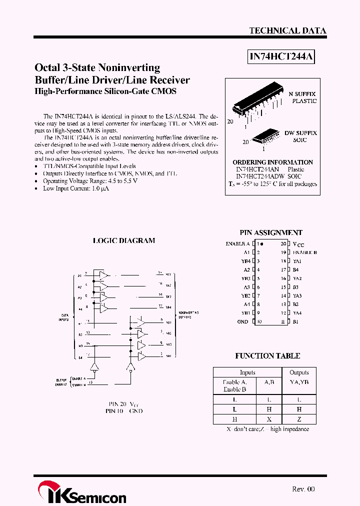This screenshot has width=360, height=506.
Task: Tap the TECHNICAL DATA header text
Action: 287,31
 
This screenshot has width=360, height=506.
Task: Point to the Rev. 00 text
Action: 303,489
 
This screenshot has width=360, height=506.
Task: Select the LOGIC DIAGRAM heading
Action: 124,240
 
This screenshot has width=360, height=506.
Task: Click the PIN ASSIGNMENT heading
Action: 271,232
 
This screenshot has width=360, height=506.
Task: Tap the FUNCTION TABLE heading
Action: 267,356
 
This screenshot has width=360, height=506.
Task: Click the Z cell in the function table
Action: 299,419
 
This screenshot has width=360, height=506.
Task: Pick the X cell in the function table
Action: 268,419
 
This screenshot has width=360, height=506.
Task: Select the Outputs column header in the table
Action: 299,372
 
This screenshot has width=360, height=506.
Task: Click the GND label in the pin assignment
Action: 242,321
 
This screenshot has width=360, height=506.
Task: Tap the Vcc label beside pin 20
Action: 298,244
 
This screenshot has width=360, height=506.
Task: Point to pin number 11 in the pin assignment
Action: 283,321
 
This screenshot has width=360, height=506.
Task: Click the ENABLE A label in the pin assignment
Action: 237,244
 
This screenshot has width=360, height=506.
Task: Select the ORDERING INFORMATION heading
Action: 272,162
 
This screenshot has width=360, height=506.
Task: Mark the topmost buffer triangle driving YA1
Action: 104,275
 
